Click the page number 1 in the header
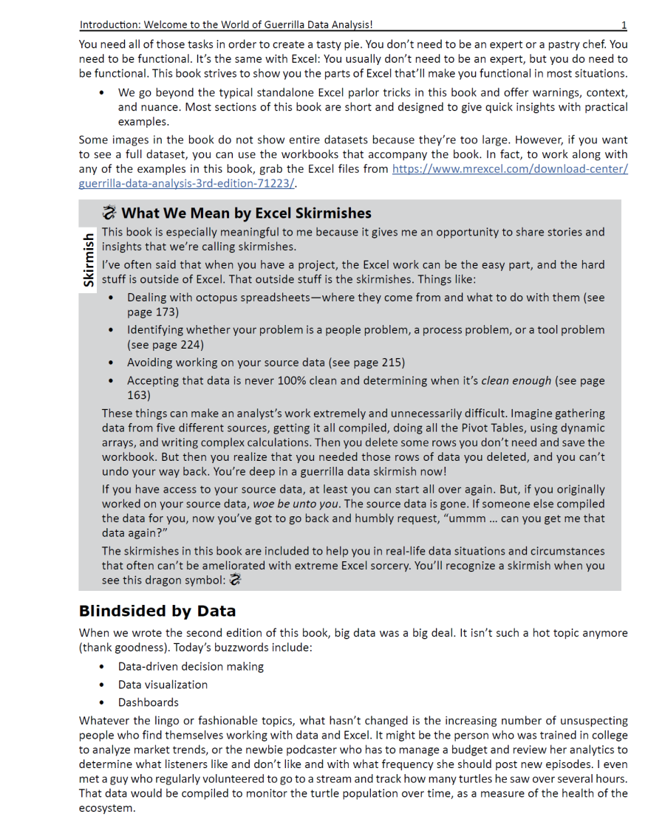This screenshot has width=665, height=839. [x=624, y=25]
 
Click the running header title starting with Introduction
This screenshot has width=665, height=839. [x=231, y=25]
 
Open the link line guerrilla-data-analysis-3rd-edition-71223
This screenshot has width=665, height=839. [x=187, y=184]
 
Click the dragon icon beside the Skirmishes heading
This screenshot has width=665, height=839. [x=109, y=213]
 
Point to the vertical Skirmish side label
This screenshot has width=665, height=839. [x=89, y=259]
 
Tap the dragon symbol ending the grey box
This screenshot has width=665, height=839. [x=236, y=580]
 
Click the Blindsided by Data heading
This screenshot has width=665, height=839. [x=157, y=611]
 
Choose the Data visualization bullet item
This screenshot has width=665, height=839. [x=163, y=685]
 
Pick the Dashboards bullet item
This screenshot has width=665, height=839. [x=148, y=702]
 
